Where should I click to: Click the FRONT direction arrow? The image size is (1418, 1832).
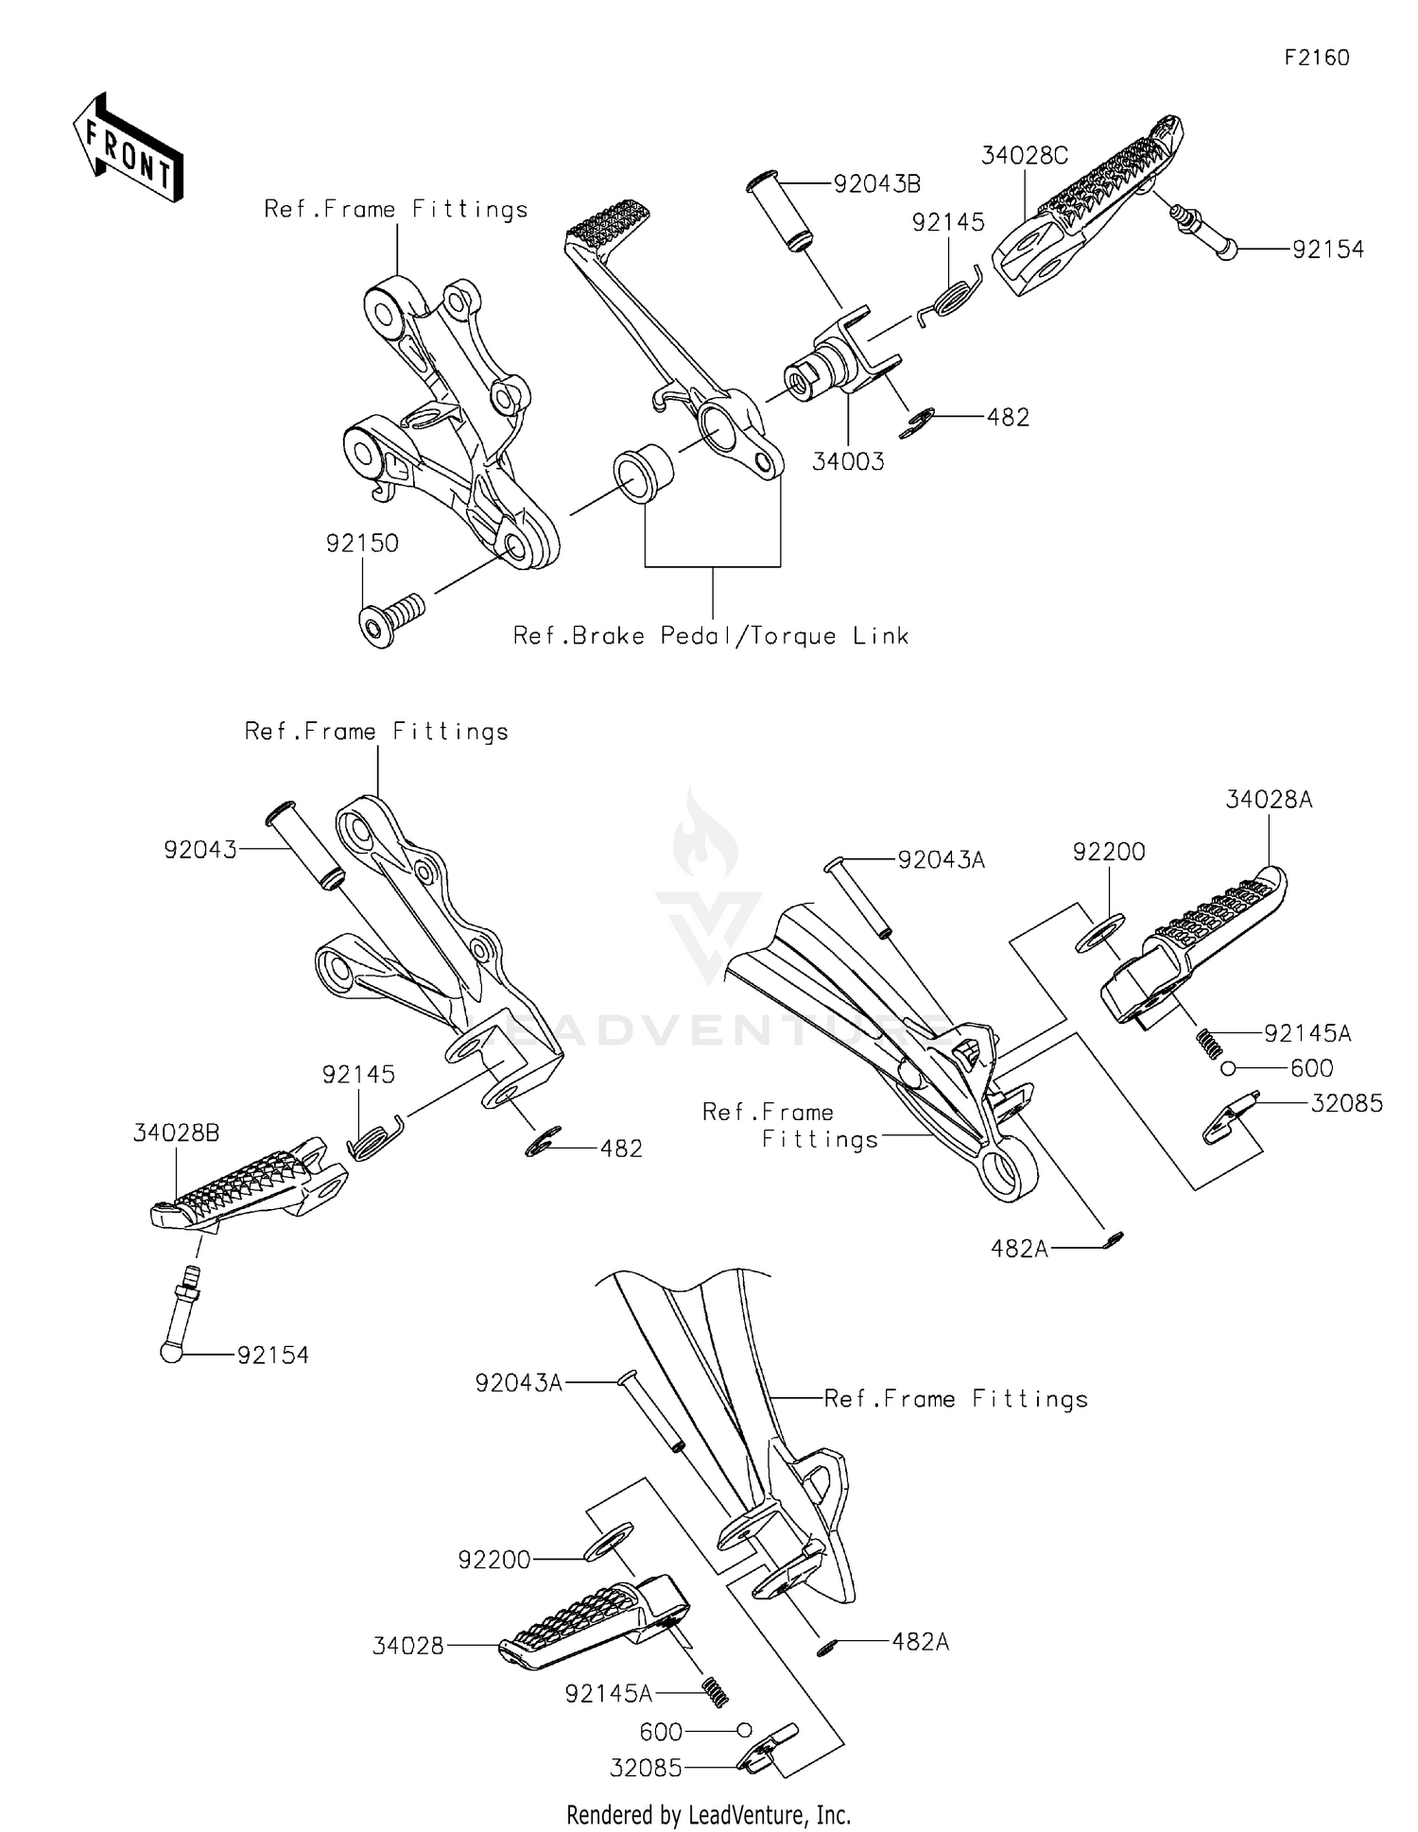point(128,148)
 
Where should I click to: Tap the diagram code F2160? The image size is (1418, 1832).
point(1316,58)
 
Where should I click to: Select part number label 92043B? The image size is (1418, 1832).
point(876,183)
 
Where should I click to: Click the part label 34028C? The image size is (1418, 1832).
point(1024,155)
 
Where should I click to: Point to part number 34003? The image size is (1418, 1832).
point(848,461)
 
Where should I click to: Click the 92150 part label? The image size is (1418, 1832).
point(362,543)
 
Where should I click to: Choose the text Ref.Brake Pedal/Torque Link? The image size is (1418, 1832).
point(711,635)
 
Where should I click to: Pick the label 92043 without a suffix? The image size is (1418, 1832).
point(200,850)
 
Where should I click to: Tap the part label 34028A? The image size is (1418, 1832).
point(1269,800)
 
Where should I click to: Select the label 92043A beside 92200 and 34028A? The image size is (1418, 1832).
point(941,859)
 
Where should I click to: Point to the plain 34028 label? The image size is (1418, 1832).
point(407,1646)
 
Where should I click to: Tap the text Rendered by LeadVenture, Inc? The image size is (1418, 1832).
point(708,1814)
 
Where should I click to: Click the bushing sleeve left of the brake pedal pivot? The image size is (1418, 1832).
point(643,471)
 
